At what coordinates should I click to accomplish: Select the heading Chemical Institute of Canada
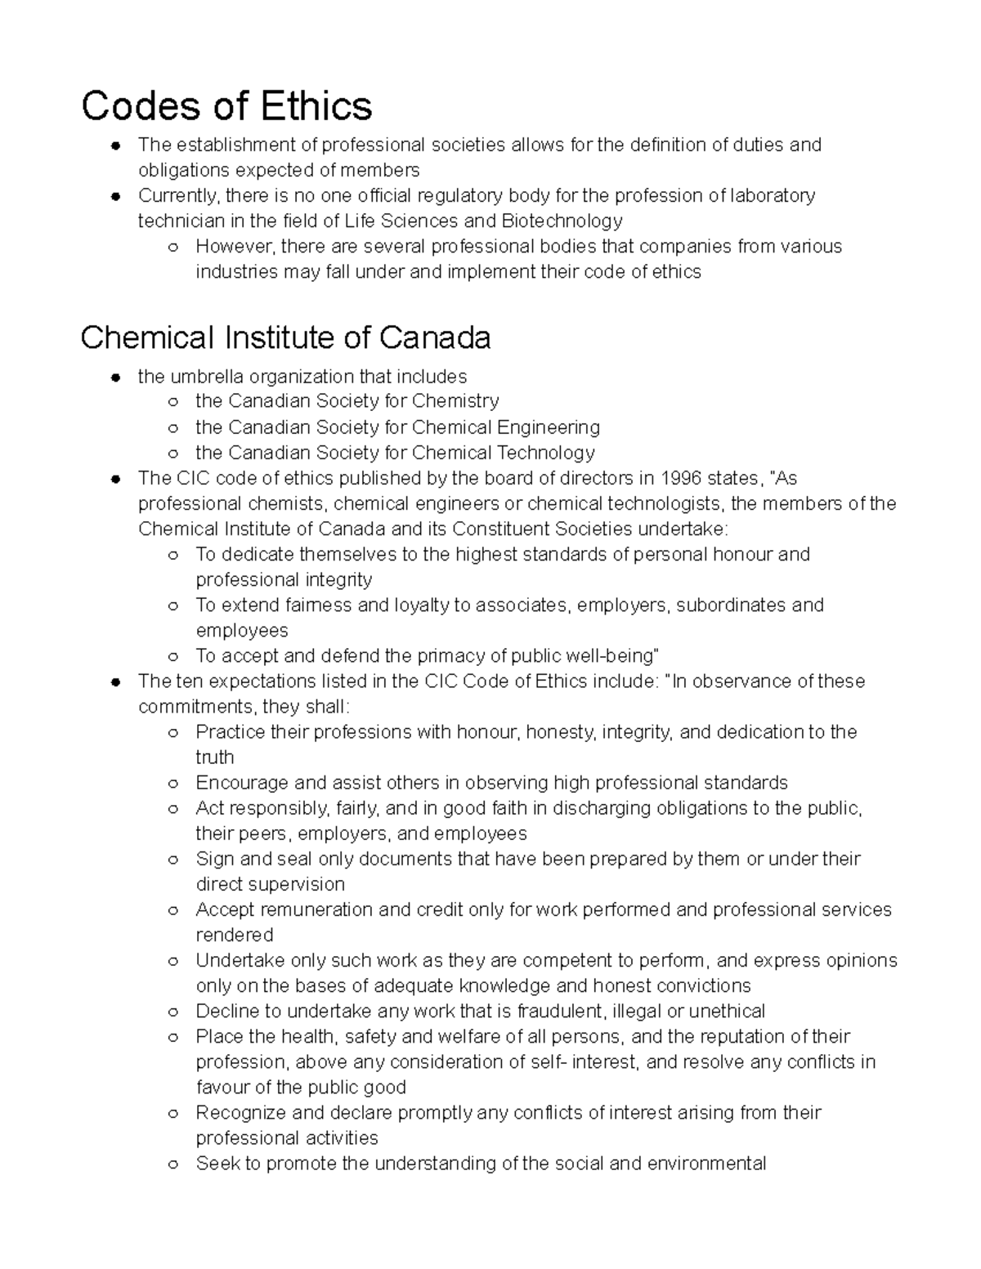tap(285, 337)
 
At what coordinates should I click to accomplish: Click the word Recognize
tap(240, 1113)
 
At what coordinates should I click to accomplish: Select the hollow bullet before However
tap(173, 247)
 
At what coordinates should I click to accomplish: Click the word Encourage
tap(238, 783)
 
